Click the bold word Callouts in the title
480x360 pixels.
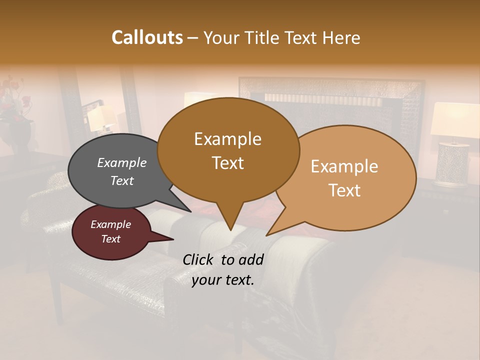(x=147, y=37)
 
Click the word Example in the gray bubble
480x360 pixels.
(x=121, y=163)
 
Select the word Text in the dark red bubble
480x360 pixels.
(x=111, y=239)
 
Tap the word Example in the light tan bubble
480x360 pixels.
(x=344, y=166)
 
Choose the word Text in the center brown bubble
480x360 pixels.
(x=228, y=163)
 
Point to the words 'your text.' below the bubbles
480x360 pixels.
(x=223, y=280)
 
